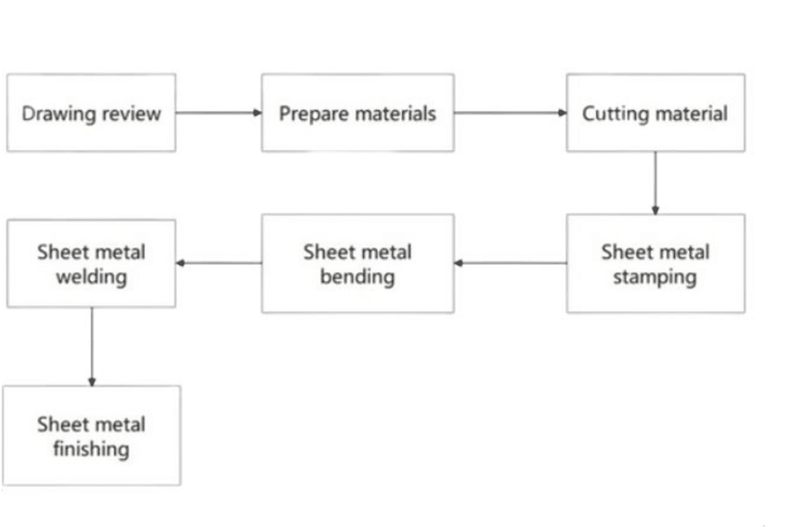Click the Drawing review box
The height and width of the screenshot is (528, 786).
tap(91, 113)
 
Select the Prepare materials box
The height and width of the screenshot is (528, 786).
tap(357, 113)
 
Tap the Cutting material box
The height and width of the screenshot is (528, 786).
tap(655, 113)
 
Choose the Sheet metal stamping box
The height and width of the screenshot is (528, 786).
tap(655, 264)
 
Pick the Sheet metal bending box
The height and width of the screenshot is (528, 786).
tap(357, 264)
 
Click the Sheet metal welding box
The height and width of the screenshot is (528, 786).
tap(91, 264)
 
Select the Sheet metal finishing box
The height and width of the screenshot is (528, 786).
tap(91, 435)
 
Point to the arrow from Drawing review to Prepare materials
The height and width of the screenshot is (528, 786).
tap(218, 113)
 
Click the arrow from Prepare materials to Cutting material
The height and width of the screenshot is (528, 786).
tap(510, 113)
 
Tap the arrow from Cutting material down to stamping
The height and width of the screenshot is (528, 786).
tap(655, 183)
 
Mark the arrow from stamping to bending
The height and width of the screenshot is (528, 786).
tap(510, 263)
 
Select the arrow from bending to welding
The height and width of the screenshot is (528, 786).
tap(218, 263)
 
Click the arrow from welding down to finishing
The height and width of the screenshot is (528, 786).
tap(92, 346)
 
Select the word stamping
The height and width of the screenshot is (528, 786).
tap(655, 278)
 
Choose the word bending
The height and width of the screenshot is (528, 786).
tap(357, 278)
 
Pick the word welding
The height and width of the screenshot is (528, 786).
tap(91, 278)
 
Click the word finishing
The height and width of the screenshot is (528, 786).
tap(91, 448)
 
